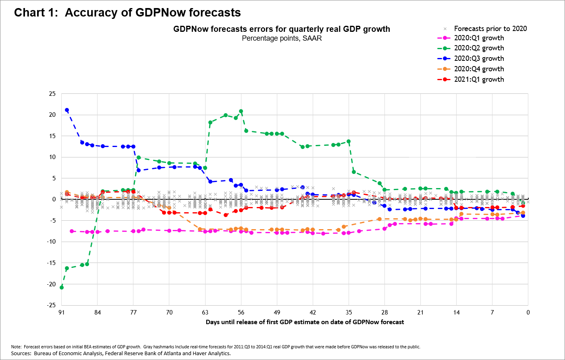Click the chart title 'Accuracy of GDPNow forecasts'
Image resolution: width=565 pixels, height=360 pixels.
click(x=153, y=13)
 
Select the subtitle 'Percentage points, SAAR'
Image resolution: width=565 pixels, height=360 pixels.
click(x=282, y=38)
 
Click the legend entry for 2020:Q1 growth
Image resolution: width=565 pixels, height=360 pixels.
click(x=479, y=38)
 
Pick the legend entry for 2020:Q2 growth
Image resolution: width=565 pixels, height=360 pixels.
click(x=479, y=48)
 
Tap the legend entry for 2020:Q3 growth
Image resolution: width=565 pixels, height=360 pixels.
click(x=479, y=58)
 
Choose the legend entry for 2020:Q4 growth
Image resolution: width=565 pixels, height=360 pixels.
click(x=479, y=69)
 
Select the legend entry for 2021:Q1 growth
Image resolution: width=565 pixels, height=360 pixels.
click(x=479, y=79)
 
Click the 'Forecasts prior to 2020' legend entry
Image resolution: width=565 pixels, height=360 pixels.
click(x=490, y=29)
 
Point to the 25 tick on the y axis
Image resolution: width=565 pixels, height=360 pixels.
click(x=52, y=94)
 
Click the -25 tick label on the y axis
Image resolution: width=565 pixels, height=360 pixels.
click(x=51, y=305)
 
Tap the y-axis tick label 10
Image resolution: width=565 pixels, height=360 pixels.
click(x=52, y=157)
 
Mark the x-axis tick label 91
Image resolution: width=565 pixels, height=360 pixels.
click(x=62, y=312)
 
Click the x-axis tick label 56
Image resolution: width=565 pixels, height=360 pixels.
click(x=241, y=312)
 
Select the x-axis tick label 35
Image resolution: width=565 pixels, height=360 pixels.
click(x=349, y=312)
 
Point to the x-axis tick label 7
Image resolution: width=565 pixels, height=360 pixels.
click(x=492, y=312)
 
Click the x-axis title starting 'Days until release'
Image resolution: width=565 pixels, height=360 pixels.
click(x=305, y=322)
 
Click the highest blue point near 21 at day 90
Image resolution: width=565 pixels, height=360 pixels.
click(x=67, y=110)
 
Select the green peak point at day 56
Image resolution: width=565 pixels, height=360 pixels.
click(x=241, y=111)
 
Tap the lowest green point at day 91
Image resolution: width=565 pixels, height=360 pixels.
click(x=62, y=287)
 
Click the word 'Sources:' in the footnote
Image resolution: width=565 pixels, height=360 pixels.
click(x=21, y=354)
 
